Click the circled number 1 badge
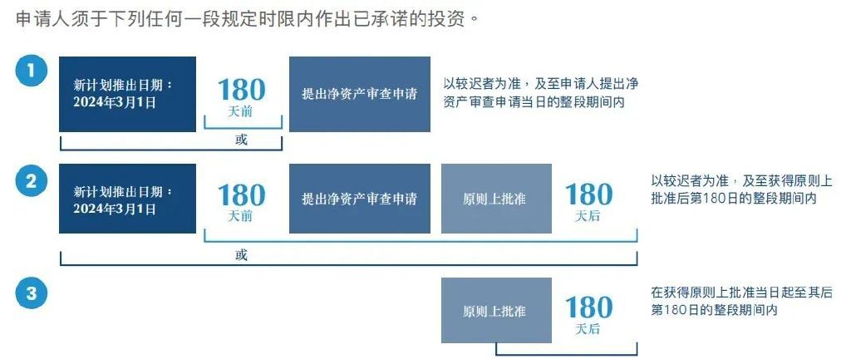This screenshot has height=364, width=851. [32, 71]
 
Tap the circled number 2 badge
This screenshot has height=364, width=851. [32, 181]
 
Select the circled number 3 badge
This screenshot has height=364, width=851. [32, 293]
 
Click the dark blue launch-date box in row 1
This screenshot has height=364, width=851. [127, 95]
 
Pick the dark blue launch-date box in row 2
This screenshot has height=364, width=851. [127, 199]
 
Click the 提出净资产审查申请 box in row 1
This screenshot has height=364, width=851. [360, 95]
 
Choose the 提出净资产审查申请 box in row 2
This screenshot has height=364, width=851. [360, 199]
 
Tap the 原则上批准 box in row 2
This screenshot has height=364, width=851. [497, 199]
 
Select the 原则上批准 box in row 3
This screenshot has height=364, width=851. [497, 310]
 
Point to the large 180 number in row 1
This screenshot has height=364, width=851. [242, 90]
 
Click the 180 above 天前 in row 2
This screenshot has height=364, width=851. [242, 195]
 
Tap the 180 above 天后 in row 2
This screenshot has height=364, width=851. [589, 194]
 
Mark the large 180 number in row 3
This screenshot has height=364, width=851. [589, 307]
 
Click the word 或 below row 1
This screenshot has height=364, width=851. [241, 140]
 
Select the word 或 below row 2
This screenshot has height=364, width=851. [241, 255]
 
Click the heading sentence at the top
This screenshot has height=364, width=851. [248, 19]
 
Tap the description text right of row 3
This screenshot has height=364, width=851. [741, 301]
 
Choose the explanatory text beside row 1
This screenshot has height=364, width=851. [540, 93]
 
